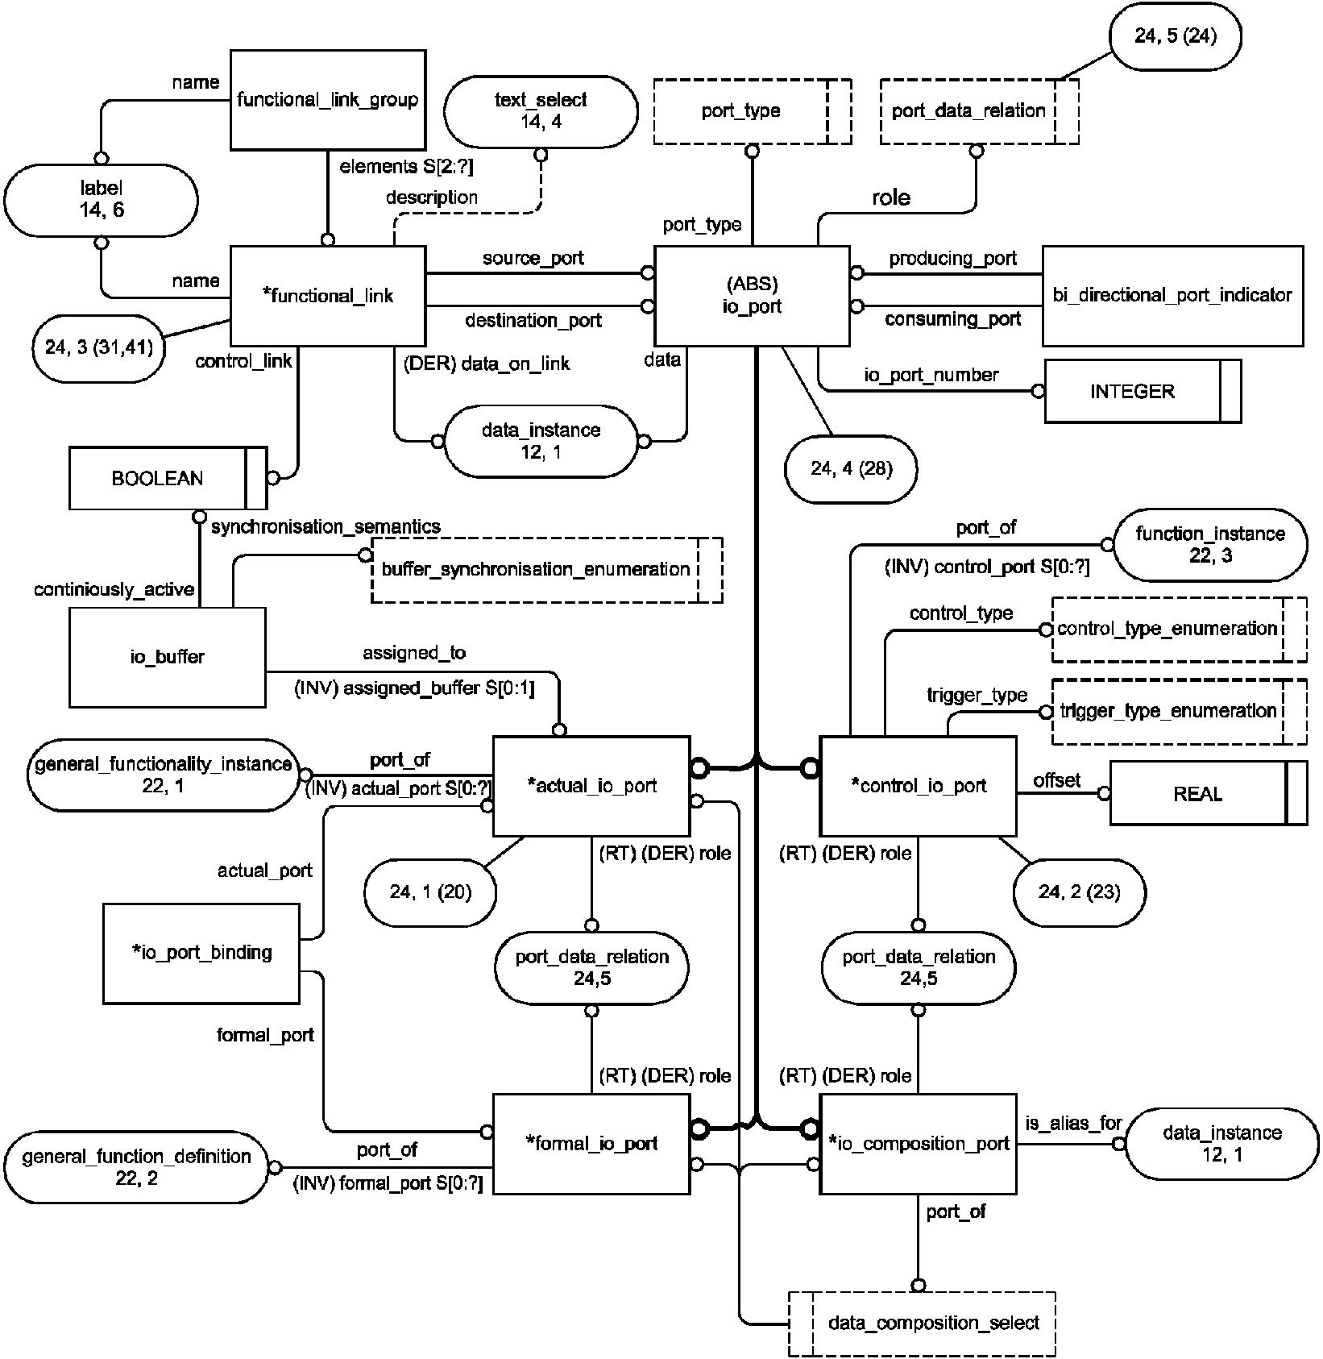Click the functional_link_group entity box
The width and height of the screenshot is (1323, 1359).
point(328,100)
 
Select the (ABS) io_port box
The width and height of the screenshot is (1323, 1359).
point(753,296)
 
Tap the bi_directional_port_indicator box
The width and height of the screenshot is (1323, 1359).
point(1172,296)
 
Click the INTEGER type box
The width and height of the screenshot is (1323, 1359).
point(1143,391)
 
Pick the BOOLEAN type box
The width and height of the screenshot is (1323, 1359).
point(168,478)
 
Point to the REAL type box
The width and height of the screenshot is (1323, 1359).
point(1208,793)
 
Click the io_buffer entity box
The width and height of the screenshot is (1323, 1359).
point(168,657)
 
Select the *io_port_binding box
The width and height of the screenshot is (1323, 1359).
point(201,953)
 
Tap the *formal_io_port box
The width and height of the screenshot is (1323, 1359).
point(591,1143)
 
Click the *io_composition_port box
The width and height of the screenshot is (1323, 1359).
point(919,1143)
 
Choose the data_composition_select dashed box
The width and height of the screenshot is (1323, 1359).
point(922,1323)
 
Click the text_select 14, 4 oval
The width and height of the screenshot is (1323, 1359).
point(541,111)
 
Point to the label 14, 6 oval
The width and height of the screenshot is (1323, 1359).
point(102,200)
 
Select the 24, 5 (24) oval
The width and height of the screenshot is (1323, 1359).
point(1176,36)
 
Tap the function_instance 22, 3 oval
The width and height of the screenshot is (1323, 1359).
point(1210,545)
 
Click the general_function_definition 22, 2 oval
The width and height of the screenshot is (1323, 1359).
point(136,1166)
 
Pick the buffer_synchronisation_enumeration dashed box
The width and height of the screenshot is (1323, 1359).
point(546,570)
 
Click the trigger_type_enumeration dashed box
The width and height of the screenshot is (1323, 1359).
point(1180,711)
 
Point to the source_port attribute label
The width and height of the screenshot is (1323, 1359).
point(533,259)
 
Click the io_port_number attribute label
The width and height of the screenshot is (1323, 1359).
point(931,375)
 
